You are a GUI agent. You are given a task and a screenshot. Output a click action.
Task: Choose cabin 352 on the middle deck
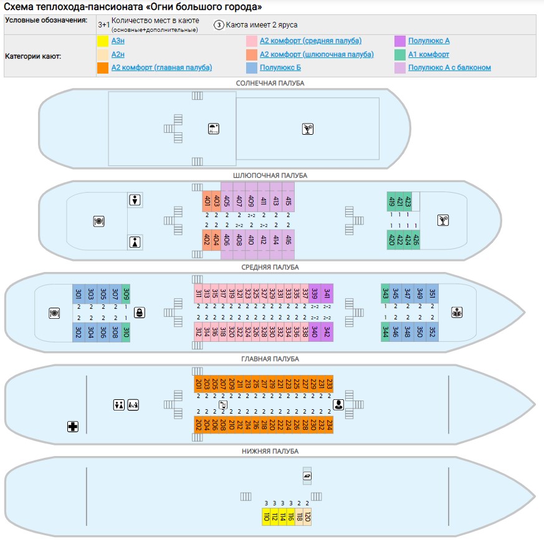tap(432, 331)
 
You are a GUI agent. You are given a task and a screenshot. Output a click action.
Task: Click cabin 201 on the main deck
tap(198, 384)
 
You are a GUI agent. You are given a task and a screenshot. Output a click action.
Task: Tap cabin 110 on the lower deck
tap(266, 517)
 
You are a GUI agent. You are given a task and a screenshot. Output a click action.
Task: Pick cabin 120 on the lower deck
tap(307, 517)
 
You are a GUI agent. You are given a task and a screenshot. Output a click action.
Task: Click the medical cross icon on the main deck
tap(73, 427)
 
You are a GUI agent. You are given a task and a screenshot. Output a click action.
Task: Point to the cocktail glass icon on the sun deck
tap(308, 129)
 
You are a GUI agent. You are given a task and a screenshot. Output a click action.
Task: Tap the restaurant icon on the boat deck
tap(98, 220)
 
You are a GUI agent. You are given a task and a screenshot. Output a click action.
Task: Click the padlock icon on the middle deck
tap(140, 313)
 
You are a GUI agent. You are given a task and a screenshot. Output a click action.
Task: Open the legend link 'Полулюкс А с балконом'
tap(449, 67)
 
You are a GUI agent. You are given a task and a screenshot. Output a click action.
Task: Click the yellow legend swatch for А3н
tap(103, 41)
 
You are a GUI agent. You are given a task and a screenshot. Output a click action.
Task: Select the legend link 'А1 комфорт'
tap(429, 54)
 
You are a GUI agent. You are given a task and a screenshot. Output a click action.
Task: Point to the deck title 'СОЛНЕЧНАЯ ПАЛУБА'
tap(270, 83)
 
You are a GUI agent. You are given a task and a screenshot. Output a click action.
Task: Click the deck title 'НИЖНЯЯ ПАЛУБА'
tap(270, 451)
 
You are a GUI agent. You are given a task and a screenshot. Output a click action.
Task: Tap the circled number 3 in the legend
tap(219, 25)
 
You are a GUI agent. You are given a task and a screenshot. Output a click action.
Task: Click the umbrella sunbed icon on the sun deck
tap(214, 129)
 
